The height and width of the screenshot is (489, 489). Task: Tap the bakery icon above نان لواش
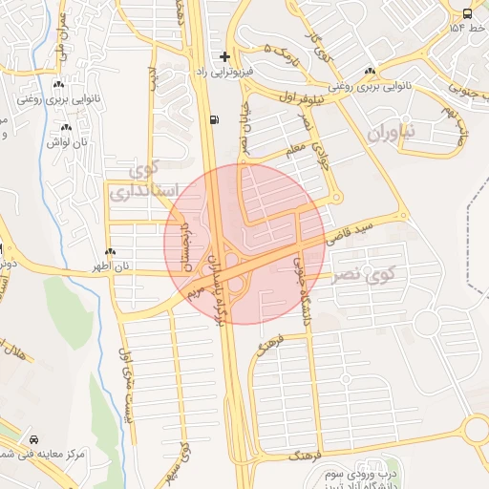pos(65,128)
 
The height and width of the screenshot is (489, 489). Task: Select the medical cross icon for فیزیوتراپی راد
pos(224,56)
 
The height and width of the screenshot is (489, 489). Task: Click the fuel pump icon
pos(212,120)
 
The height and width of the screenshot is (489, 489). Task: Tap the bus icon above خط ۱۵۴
pos(466,13)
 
